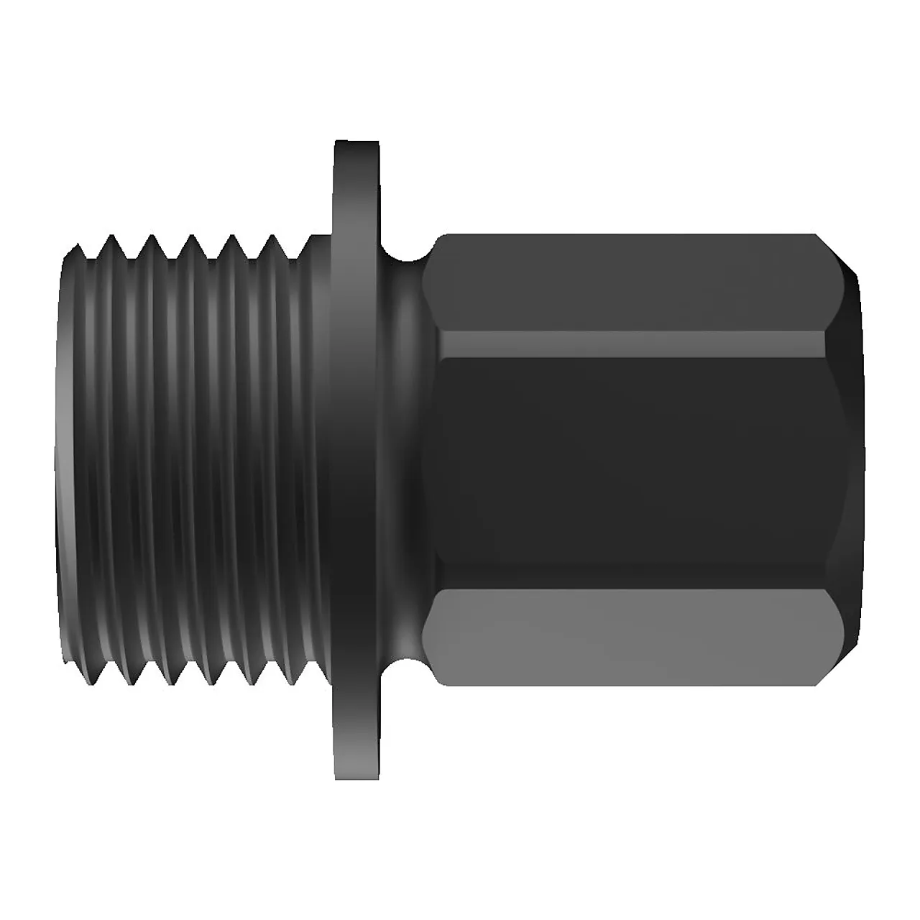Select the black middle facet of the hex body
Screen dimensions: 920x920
coord(625,460)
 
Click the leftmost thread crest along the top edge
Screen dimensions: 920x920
coord(111,239)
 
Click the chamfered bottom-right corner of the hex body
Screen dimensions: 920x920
coord(839,665)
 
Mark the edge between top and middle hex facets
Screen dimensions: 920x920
coord(625,333)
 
